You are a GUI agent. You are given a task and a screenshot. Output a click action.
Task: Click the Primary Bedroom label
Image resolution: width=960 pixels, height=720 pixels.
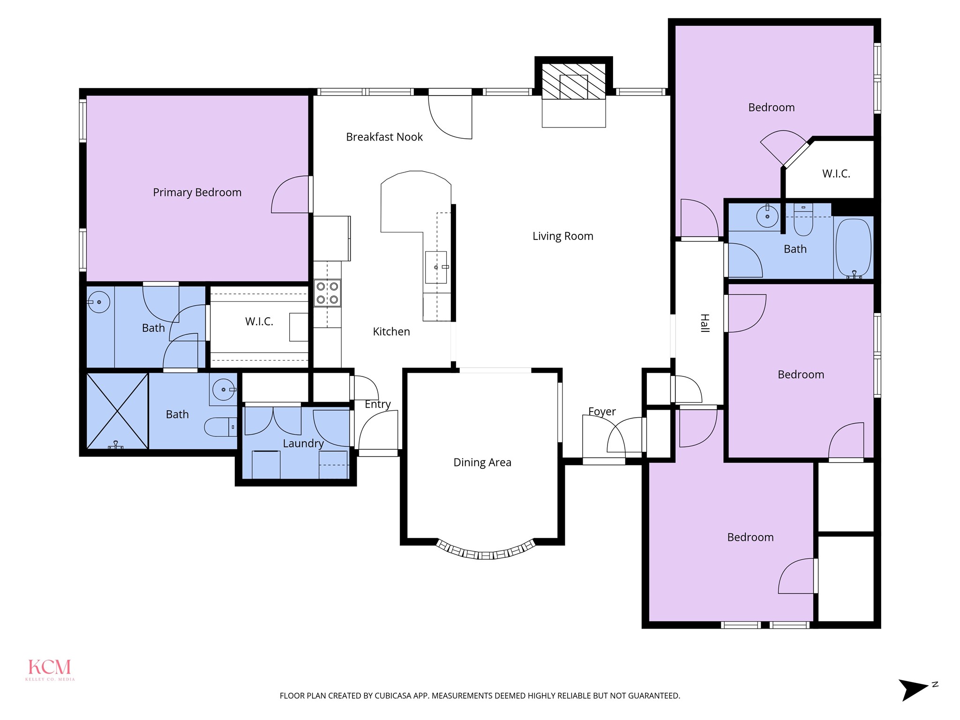(197, 192)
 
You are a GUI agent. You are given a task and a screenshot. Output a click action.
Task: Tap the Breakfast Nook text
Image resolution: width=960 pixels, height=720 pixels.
(384, 137)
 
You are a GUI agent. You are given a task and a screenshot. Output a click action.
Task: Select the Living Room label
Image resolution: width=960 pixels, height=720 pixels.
(563, 236)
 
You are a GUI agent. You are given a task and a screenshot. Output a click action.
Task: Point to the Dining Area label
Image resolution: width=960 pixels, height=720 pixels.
(482, 463)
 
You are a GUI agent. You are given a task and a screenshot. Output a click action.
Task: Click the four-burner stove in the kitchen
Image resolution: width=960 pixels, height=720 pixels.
(327, 293)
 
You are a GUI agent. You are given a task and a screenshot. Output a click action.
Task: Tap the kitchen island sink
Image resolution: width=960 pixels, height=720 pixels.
(436, 267)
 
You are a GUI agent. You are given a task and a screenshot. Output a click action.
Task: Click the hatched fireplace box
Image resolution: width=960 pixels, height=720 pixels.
(574, 81)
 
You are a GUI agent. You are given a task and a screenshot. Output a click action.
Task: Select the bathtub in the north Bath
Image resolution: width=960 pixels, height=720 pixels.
(854, 248)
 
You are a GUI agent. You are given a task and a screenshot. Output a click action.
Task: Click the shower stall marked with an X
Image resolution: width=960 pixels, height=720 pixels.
(118, 411)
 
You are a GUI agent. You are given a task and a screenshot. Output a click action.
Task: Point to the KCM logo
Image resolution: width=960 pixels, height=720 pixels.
(50, 669)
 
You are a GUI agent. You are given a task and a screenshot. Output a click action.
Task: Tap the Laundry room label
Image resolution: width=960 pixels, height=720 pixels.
(303, 443)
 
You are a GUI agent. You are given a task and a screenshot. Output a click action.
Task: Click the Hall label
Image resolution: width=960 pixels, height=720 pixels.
(705, 323)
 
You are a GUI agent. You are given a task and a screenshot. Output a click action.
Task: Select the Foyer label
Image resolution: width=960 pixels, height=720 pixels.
(602, 412)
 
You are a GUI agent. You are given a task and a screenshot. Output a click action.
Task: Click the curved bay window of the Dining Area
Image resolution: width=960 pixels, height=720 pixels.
(486, 551)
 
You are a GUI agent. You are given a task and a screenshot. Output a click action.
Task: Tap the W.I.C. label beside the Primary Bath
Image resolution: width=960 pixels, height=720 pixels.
(259, 322)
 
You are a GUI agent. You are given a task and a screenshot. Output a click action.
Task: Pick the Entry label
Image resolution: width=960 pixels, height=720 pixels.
(378, 405)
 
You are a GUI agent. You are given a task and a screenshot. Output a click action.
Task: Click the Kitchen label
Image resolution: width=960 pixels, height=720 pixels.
(391, 332)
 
